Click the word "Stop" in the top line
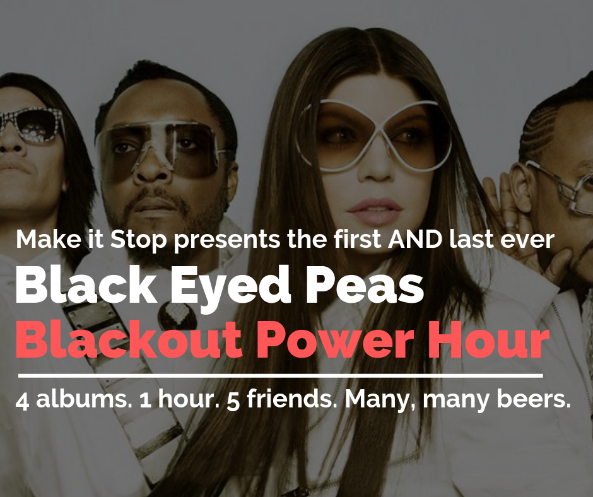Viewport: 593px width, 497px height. tap(138, 240)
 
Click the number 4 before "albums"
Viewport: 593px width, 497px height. tap(22, 401)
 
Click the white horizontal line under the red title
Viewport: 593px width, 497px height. tap(281, 376)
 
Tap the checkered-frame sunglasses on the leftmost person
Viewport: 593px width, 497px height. tap(31, 124)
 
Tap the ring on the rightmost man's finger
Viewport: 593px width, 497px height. tap(510, 223)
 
